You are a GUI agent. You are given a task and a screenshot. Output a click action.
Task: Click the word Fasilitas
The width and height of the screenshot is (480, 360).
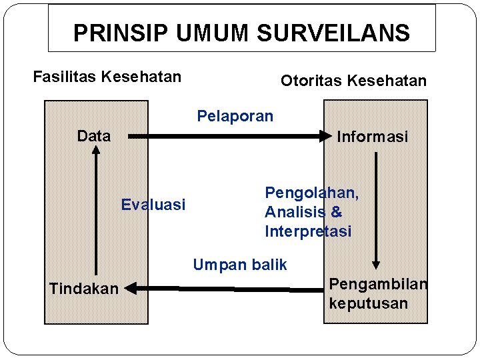click(x=65, y=77)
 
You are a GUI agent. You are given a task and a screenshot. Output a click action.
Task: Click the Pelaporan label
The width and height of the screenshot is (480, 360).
click(x=235, y=116)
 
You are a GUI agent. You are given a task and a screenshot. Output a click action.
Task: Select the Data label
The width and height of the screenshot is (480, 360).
click(x=94, y=137)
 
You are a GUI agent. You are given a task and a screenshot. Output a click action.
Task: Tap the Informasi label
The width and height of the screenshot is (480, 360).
click(x=372, y=137)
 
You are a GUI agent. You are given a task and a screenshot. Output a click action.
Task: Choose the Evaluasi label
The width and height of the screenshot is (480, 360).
click(x=153, y=205)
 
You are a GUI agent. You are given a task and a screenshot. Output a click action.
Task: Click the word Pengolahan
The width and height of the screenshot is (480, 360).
click(x=312, y=193)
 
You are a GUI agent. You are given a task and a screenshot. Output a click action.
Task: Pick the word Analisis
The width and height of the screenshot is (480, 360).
click(x=294, y=213)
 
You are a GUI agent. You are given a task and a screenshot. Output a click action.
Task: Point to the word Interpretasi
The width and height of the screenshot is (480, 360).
click(x=308, y=232)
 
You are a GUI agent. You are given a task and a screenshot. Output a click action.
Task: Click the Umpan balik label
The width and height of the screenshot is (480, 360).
click(x=240, y=265)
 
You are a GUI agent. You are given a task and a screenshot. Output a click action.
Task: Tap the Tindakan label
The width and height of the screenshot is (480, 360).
click(x=84, y=289)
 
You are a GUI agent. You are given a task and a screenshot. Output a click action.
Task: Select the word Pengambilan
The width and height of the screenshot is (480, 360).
click(x=378, y=284)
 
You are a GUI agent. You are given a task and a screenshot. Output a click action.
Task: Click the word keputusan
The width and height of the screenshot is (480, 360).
click(x=368, y=303)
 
